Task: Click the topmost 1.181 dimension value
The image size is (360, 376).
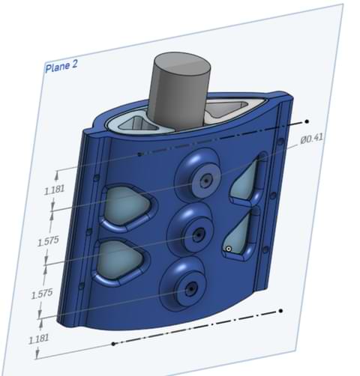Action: point(54,190)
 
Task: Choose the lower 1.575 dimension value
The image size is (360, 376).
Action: point(42,294)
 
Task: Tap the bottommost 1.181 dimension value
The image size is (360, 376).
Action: point(37,339)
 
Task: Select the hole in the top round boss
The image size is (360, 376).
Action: point(203,181)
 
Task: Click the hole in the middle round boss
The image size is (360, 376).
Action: point(198,234)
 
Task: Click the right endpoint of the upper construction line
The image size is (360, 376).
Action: point(305,120)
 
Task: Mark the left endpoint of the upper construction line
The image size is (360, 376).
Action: point(140,154)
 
